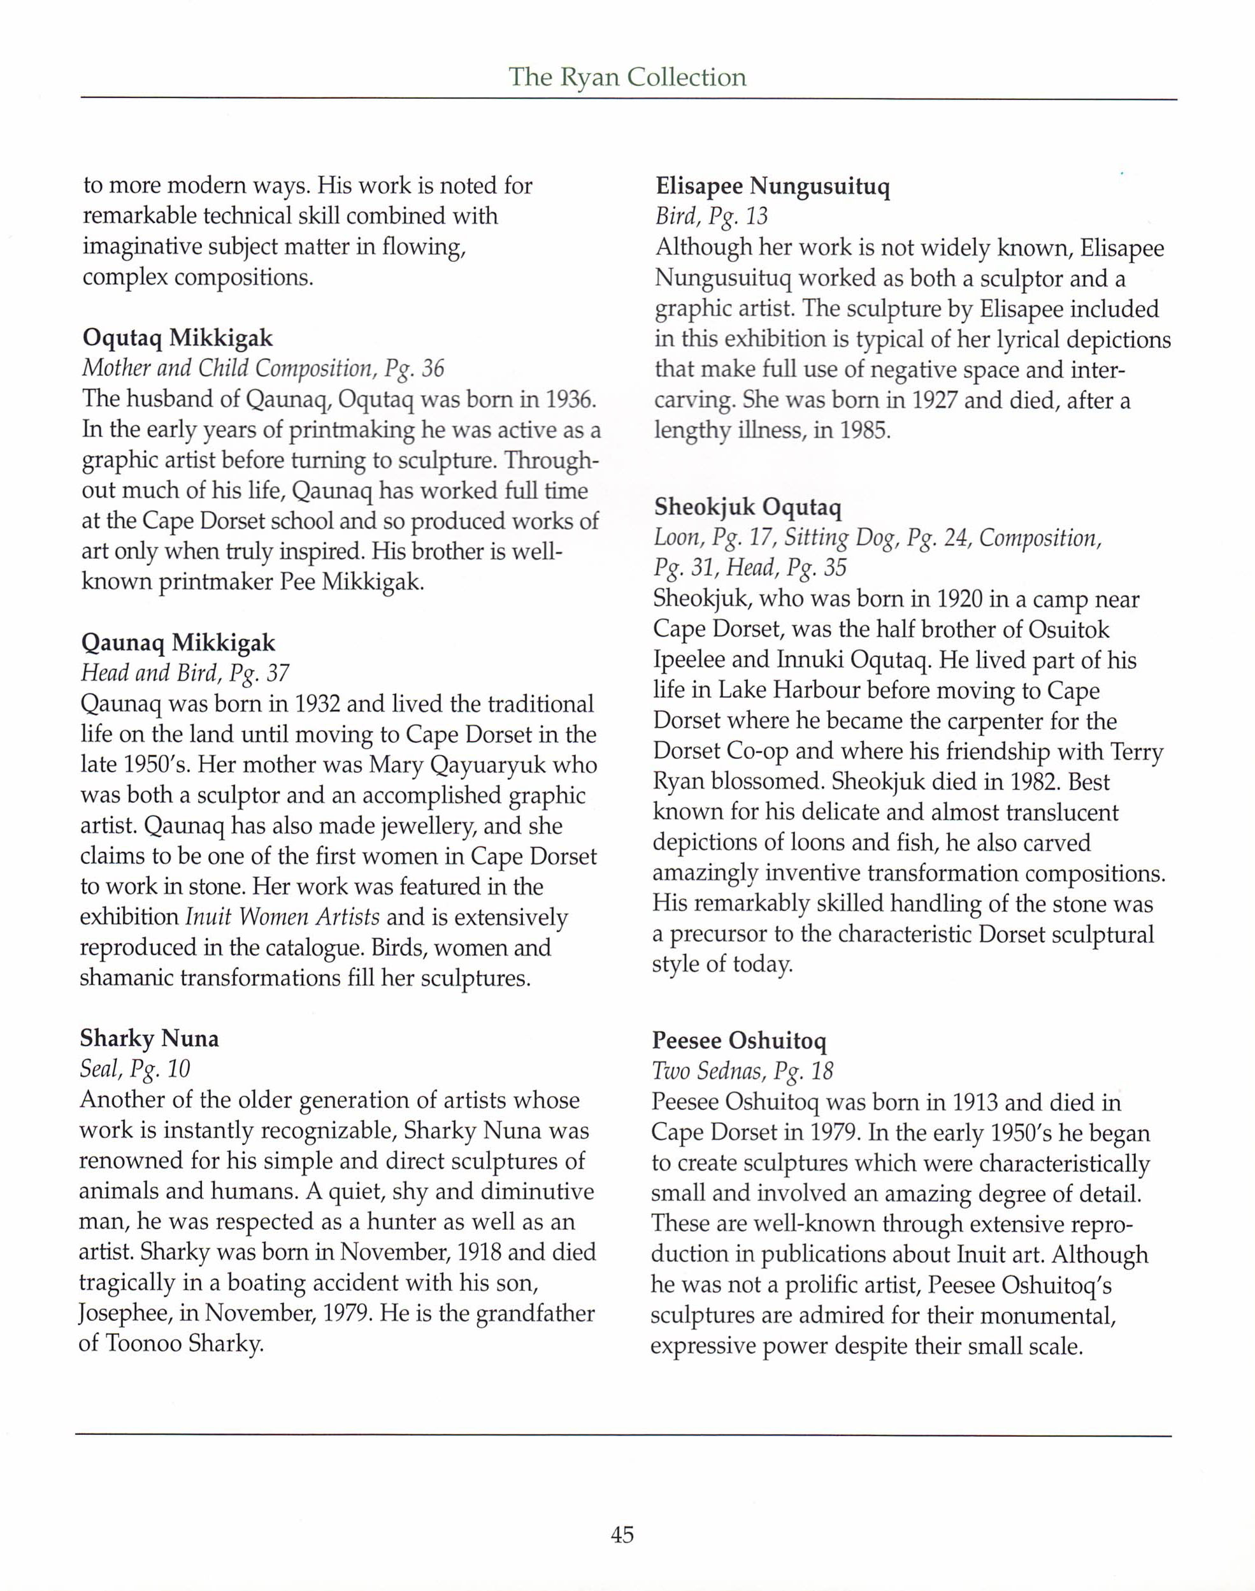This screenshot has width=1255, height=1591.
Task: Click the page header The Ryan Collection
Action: [x=627, y=77]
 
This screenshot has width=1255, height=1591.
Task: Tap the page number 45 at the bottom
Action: [x=622, y=1534]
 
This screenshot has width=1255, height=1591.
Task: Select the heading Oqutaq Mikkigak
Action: [x=177, y=338]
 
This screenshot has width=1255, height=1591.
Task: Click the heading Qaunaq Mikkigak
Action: [x=178, y=643]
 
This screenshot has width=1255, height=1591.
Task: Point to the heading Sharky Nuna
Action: [x=149, y=1039]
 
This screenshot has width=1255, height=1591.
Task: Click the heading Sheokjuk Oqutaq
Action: [x=748, y=507]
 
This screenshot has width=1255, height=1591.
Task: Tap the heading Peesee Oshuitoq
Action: [x=739, y=1040]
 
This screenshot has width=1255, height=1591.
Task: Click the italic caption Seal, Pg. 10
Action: [x=135, y=1069]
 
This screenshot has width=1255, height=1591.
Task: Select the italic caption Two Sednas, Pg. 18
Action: [x=742, y=1072]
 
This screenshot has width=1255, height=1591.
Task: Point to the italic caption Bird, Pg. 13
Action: [x=711, y=217]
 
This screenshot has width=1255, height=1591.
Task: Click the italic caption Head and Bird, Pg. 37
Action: [x=185, y=673]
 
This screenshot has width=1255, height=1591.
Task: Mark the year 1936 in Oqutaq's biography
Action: [x=569, y=399]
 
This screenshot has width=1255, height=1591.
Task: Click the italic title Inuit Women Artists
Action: [x=282, y=917]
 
